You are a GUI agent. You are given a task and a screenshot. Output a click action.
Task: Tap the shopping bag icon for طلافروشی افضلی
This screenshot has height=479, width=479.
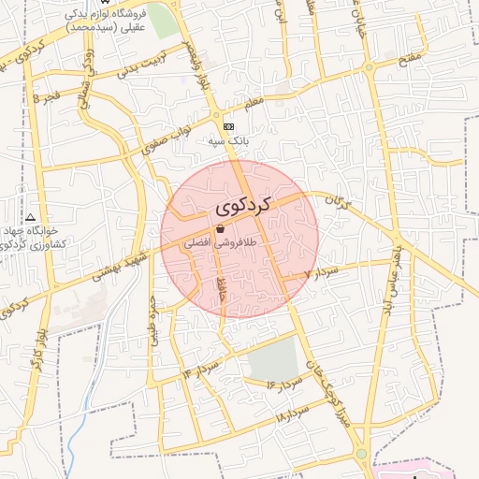220,229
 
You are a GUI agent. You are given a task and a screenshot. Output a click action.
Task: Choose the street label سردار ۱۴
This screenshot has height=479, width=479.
201,368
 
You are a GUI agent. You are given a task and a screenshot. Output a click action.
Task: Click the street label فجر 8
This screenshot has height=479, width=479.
47,97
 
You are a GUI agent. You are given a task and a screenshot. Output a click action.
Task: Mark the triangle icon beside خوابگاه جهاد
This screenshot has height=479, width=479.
31,216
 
